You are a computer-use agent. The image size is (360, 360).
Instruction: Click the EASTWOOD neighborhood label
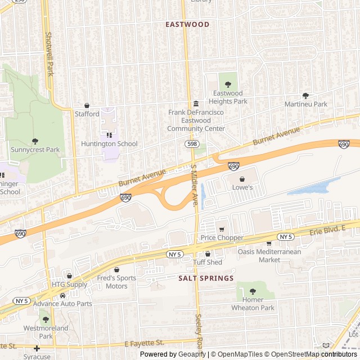coord(187,25)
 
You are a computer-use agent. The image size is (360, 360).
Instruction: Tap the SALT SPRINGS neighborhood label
coord(206,278)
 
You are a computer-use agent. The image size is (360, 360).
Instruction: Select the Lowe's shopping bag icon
coord(242,179)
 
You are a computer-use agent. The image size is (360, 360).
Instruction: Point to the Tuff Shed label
coord(208,262)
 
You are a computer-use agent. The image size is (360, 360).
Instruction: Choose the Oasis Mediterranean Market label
coord(269,255)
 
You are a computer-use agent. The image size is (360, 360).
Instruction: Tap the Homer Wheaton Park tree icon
coord(253,291)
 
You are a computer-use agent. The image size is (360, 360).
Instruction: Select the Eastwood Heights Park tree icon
coord(228,84)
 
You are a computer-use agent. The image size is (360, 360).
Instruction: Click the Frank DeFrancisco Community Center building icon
coord(196,104)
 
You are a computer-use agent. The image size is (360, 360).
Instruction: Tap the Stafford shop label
coord(87,114)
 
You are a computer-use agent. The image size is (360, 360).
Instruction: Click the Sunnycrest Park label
coord(35,150)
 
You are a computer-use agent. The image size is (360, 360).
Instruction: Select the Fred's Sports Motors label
coord(116,282)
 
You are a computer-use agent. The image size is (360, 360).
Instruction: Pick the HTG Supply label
coord(70,285)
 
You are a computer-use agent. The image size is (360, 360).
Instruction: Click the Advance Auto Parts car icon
coord(62,295)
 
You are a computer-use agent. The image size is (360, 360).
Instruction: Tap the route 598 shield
coord(192,144)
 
